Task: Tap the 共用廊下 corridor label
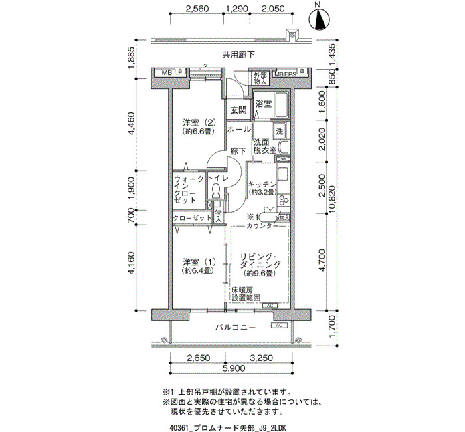[x=238, y=54]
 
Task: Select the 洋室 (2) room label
[x=199, y=126]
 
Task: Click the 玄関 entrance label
[x=238, y=110]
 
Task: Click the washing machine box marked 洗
[x=280, y=131]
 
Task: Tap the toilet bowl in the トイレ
[x=216, y=191]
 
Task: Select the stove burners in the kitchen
[x=283, y=199]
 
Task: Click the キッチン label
[x=262, y=188]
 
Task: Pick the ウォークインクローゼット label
[x=189, y=189]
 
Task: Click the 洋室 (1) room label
[x=199, y=266]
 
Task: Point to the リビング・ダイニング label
[x=260, y=265]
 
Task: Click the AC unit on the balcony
[x=279, y=326]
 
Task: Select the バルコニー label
[x=235, y=328]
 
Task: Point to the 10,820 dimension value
[x=332, y=203]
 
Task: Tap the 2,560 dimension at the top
[x=197, y=9]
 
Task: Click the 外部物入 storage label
[x=260, y=78]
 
